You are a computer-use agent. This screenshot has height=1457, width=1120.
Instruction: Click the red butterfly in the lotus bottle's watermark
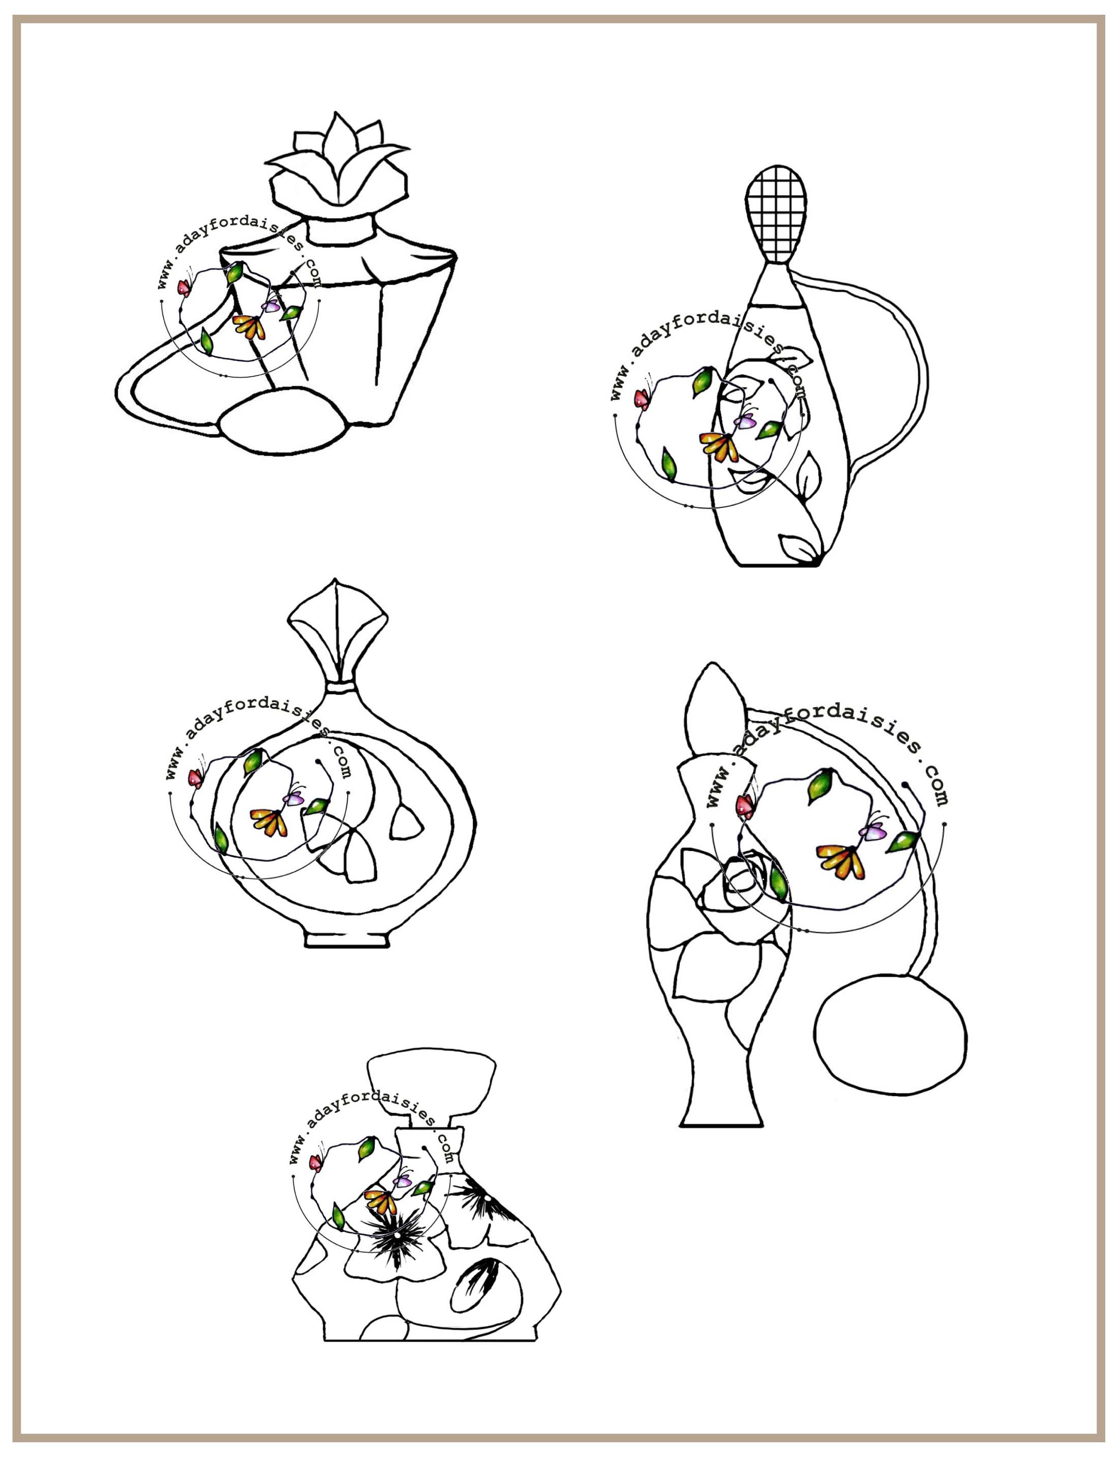tap(184, 287)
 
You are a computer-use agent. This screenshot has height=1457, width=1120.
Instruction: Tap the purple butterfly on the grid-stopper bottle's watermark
tap(745, 420)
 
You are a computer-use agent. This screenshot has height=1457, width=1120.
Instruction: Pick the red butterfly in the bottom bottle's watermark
tap(315, 1163)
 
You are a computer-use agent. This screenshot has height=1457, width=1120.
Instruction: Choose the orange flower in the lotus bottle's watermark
tap(249, 326)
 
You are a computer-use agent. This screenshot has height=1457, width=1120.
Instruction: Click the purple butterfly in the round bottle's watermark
tap(293, 798)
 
